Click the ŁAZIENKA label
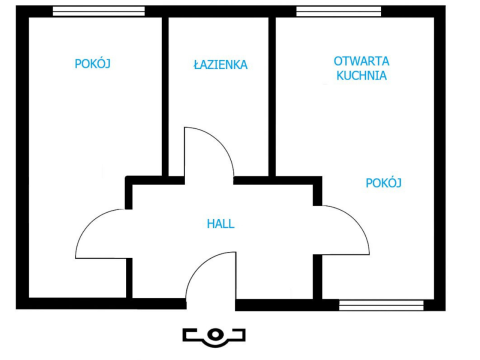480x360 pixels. (x=221, y=64)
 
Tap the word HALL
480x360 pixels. (x=221, y=224)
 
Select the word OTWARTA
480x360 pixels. (x=362, y=61)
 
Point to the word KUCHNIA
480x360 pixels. (x=362, y=76)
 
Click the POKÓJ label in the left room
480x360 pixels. (x=93, y=63)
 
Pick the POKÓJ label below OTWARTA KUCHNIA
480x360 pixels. (x=384, y=183)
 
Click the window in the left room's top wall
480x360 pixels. (x=99, y=11)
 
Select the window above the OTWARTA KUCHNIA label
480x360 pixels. (x=339, y=11)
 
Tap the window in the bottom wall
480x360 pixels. (x=381, y=305)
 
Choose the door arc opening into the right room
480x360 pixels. (x=357, y=220)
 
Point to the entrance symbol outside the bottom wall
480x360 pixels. (x=214, y=337)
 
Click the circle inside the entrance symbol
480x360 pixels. (x=215, y=334)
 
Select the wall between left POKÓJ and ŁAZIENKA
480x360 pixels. (x=165, y=97)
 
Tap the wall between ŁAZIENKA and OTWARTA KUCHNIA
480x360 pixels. (x=272, y=97)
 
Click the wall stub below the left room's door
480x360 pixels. (x=129, y=278)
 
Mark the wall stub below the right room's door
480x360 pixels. (x=318, y=277)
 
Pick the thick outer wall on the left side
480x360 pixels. (x=22, y=157)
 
